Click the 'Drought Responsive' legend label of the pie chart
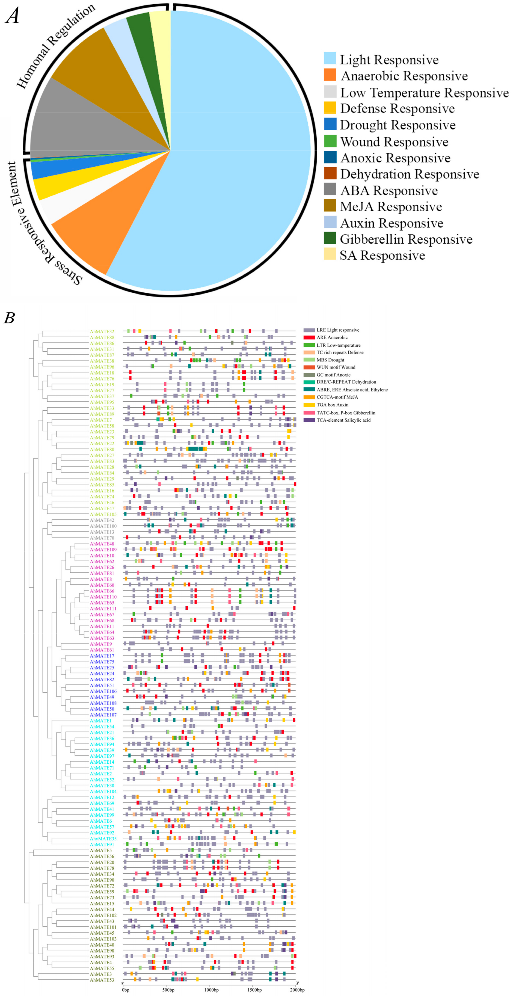pos(398,125)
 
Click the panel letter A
pos(13,16)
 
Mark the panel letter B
pos(9,318)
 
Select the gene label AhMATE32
pos(102,331)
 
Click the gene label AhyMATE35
pos(103,839)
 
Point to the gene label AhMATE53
pos(102,980)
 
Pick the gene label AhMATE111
pos(103,609)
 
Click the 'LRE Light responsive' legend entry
pos(337,330)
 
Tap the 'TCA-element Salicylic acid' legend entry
pos(343,420)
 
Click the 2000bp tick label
pos(297,990)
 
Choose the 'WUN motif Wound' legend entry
pos(336,367)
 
